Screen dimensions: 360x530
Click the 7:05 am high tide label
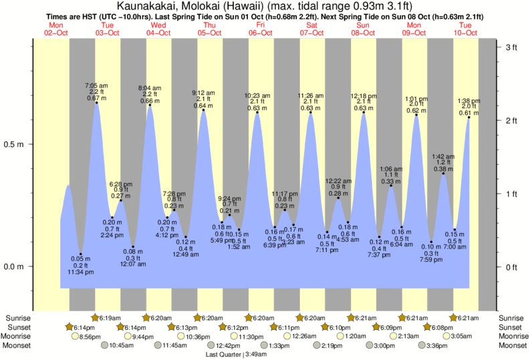coord(96,85)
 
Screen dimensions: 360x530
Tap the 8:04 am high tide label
coord(150,87)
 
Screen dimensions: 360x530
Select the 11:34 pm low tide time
coord(80,273)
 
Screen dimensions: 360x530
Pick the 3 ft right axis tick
coord(512,47)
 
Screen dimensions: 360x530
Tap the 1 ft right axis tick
coord(512,194)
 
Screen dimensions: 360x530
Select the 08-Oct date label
coord(364,33)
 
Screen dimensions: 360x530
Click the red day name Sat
coord(311,25)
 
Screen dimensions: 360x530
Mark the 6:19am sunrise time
coord(111,318)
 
